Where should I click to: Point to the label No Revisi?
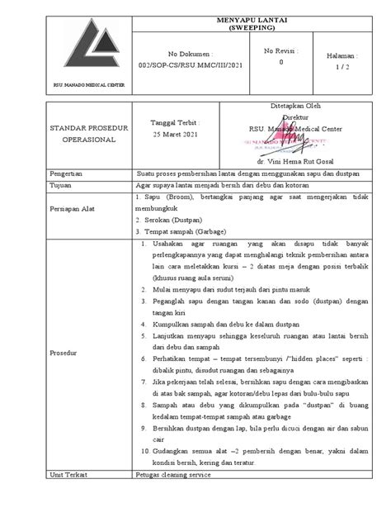[x=281, y=51]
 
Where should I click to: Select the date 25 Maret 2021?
[x=177, y=134]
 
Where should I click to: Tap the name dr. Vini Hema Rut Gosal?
[x=295, y=161]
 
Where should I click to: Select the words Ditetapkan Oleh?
[x=295, y=107]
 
